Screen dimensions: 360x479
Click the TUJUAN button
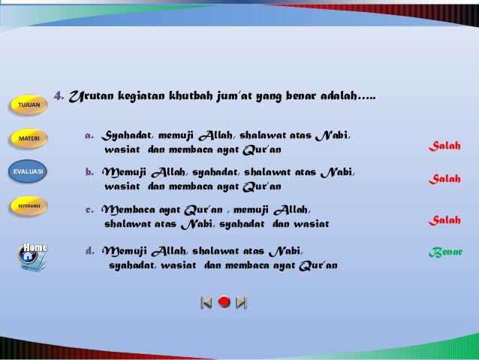29,104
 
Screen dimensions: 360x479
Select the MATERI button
29,138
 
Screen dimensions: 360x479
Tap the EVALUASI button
27,171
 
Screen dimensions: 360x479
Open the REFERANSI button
29,205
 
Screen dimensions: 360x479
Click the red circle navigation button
224,302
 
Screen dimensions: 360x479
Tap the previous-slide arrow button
206,302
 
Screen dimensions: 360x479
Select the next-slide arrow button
241,302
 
